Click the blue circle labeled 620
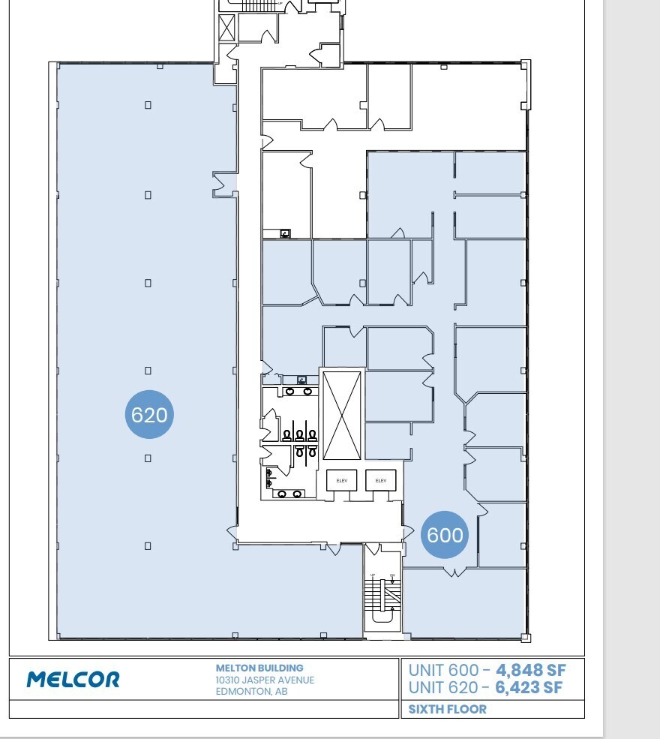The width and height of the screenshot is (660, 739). (148, 413)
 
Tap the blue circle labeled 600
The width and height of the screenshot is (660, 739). (445, 535)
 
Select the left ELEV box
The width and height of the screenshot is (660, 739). (341, 480)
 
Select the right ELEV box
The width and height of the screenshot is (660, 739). (380, 480)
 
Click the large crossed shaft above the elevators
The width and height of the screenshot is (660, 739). (341, 414)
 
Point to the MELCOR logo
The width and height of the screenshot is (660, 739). (73, 680)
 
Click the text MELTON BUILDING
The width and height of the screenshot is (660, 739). (259, 668)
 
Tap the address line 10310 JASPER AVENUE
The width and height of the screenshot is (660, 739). (265, 680)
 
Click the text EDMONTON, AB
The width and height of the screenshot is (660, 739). (251, 692)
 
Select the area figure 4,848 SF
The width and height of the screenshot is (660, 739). (530, 670)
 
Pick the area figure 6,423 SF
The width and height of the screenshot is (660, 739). (529, 686)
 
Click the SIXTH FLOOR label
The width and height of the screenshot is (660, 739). (447, 709)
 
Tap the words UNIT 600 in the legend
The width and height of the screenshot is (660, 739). (442, 670)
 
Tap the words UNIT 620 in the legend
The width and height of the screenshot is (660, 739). (442, 686)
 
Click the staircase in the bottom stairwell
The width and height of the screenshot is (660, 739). (373, 593)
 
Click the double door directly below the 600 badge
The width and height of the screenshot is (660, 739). (451, 572)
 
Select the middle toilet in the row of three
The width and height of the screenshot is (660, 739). (299, 435)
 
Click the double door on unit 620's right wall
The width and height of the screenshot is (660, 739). (224, 184)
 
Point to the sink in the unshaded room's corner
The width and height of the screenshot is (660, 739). (285, 234)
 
